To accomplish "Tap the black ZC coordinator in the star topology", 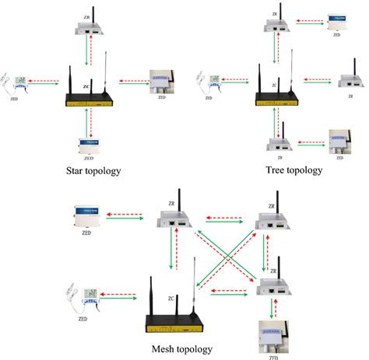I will click(90, 99).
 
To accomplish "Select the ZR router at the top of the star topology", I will click(91, 27).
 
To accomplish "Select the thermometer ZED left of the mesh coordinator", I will click(87, 296).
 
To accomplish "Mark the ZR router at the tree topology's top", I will click(276, 25).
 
